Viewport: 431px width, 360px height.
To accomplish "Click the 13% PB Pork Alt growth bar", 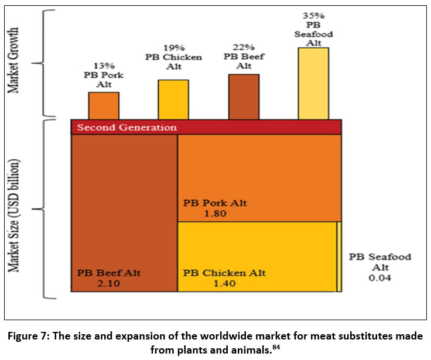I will [x=104, y=105].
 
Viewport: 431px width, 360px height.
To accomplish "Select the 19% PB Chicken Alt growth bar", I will [x=173, y=99].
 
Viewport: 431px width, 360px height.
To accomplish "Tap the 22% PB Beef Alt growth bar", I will [x=244, y=96].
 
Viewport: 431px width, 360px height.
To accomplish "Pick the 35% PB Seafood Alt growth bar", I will [x=313, y=83].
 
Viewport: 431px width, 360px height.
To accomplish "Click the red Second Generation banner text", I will [x=126, y=127].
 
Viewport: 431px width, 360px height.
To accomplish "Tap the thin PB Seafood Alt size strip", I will [x=339, y=256].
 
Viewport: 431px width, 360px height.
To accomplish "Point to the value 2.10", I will [x=108, y=283].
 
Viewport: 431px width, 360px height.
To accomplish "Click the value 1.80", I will [x=215, y=214].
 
